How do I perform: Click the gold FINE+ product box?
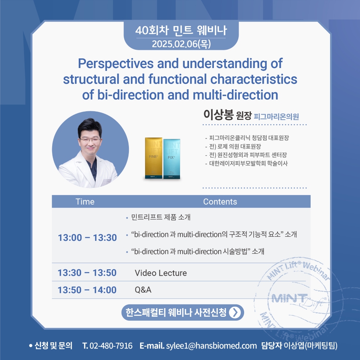[x=154, y=158]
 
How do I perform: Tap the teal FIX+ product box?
[x=171, y=159]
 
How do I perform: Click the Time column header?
[x=85, y=202]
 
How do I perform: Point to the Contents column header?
[x=220, y=202]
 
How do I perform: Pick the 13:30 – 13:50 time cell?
[x=87, y=273]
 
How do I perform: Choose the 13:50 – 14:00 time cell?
[x=87, y=290]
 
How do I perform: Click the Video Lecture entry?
[x=161, y=273]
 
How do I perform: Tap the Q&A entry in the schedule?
[x=143, y=290]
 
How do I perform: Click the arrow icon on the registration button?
[x=235, y=312]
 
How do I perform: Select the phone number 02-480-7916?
[x=111, y=346]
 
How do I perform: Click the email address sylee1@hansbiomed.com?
[x=211, y=346]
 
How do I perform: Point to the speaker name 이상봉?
[x=219, y=114]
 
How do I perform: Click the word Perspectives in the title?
[x=116, y=64]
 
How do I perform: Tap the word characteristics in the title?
[x=254, y=79]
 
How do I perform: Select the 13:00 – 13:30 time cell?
[x=87, y=238]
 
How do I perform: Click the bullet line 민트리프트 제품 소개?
[x=161, y=217]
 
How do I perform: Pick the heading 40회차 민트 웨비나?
[x=181, y=30]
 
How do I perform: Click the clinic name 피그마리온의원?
[x=276, y=117]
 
